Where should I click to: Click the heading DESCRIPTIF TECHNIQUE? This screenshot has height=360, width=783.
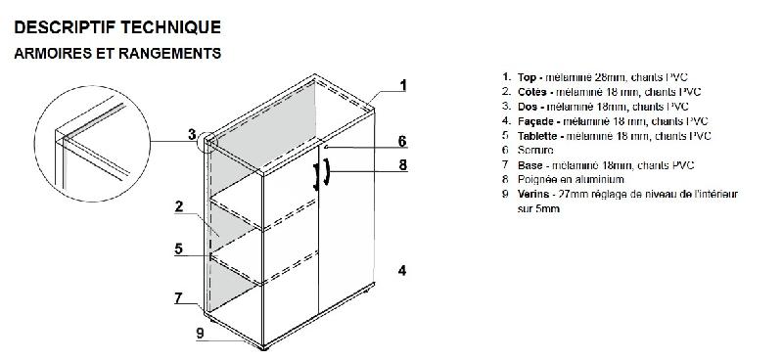click(117, 26)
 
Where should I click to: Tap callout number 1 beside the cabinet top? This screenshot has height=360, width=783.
click(402, 85)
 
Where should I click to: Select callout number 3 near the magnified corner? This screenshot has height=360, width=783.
click(194, 134)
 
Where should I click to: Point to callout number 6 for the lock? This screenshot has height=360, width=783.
click(402, 141)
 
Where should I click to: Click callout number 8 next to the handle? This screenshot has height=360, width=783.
click(402, 165)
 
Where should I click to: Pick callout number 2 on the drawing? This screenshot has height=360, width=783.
click(180, 206)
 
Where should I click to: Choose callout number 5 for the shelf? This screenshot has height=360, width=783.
click(180, 248)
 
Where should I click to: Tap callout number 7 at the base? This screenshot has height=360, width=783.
click(180, 296)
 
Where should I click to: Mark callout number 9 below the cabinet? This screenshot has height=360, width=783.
click(200, 333)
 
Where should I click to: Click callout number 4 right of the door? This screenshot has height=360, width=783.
click(402, 270)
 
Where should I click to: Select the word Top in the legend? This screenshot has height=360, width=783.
click(528, 76)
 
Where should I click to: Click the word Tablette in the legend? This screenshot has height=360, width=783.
click(537, 135)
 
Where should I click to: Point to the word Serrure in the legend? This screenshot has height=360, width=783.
click(535, 150)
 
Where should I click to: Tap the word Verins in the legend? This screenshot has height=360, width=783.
click(532, 194)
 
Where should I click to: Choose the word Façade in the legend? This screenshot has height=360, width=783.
click(534, 120)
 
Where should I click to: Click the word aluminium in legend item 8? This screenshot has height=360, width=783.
click(588, 179)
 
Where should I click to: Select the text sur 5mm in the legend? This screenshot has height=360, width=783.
click(538, 208)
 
